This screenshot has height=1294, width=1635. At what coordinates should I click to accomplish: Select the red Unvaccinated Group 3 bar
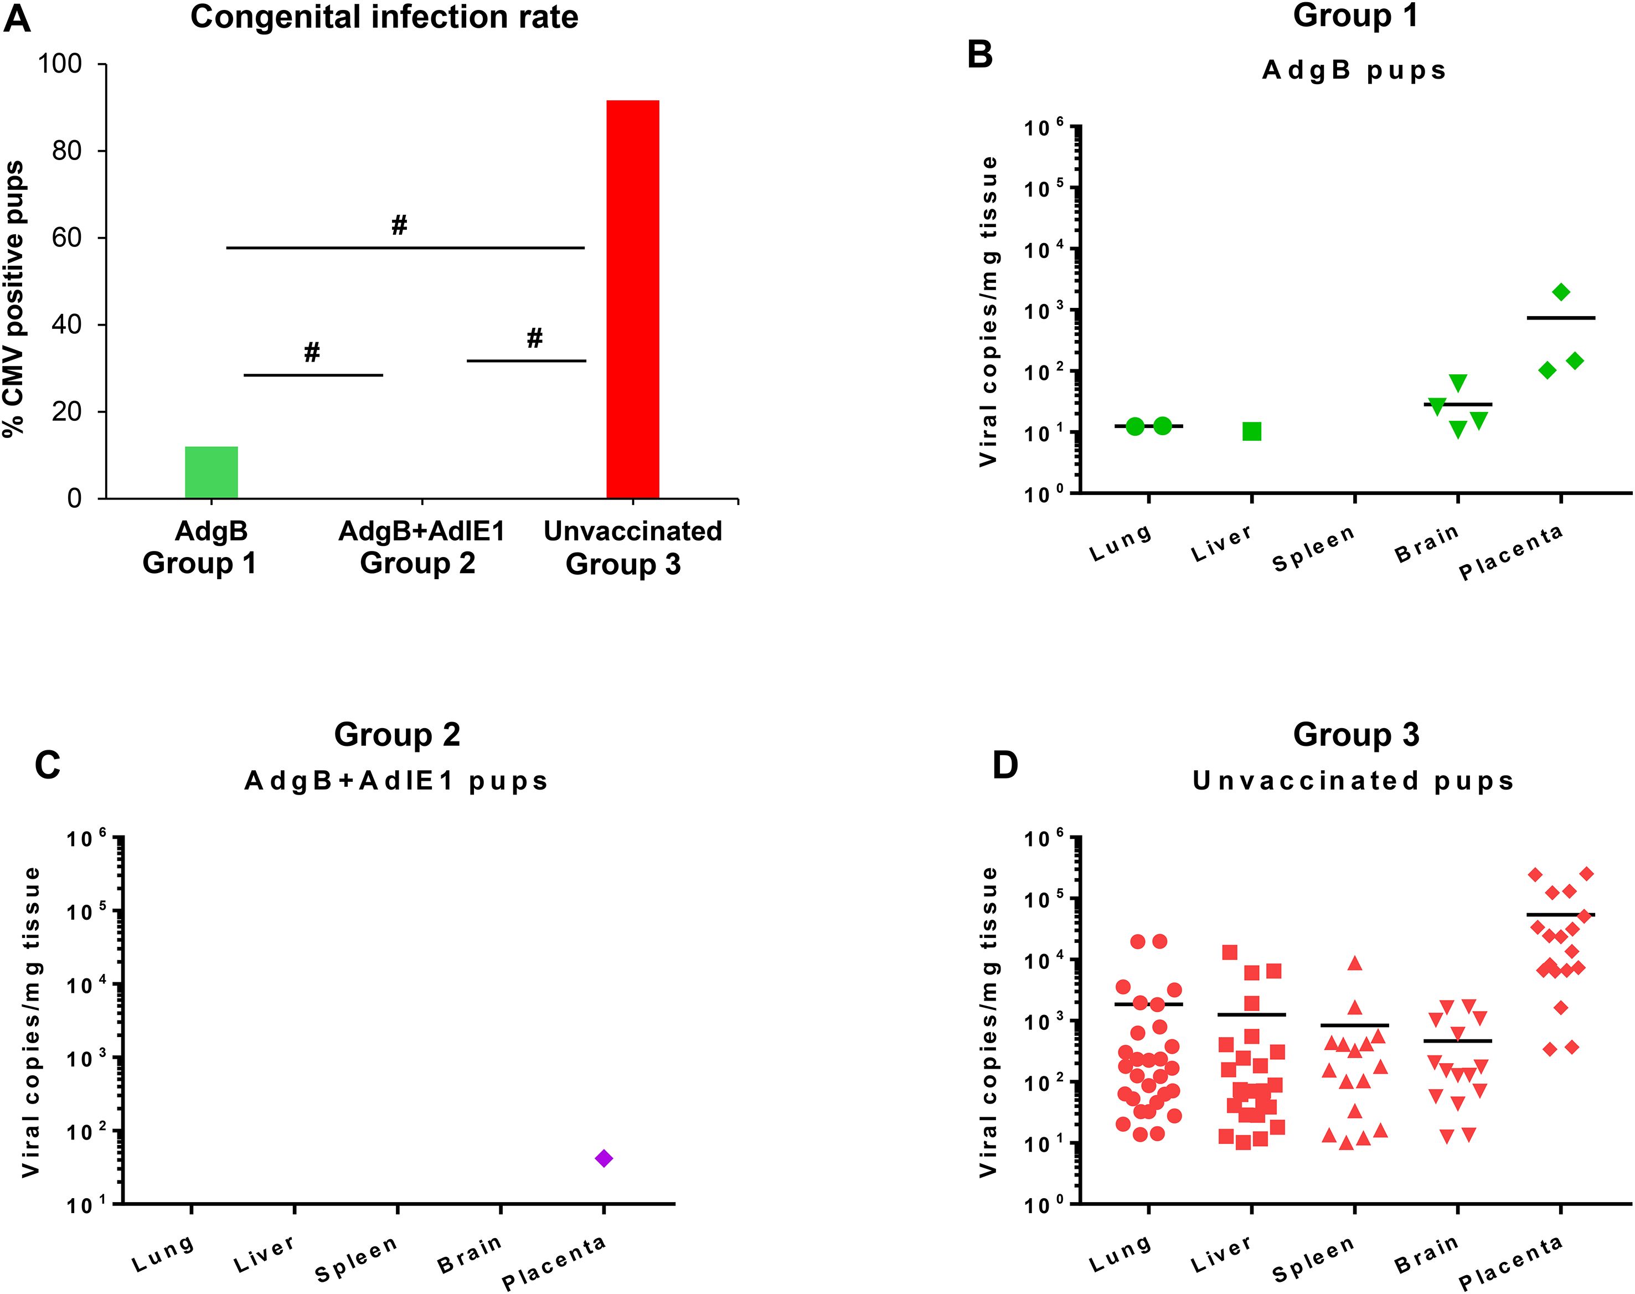pos(633,299)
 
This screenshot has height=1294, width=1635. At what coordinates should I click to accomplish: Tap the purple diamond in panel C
pos(604,1158)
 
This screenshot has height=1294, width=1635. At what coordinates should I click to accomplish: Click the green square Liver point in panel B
pos(1252,432)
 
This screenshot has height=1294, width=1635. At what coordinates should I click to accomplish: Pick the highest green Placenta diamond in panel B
pos(1561,292)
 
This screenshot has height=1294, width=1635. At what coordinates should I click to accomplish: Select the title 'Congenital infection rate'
pos(384,17)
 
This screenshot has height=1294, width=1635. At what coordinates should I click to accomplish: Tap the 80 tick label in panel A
pos(66,151)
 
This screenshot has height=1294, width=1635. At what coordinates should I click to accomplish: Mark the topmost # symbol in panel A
pos(399,224)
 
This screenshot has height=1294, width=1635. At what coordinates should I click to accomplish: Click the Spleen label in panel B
pos(1313,547)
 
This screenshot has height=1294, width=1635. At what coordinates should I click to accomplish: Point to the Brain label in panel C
pos(469,1254)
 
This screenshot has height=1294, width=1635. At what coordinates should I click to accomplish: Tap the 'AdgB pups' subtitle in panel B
pos(1353,70)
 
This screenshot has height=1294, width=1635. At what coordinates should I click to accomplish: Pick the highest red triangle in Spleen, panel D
pos(1355,963)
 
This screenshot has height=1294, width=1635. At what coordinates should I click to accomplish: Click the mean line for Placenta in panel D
pos(1561,914)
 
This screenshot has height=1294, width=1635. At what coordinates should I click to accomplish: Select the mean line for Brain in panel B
pos(1458,405)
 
